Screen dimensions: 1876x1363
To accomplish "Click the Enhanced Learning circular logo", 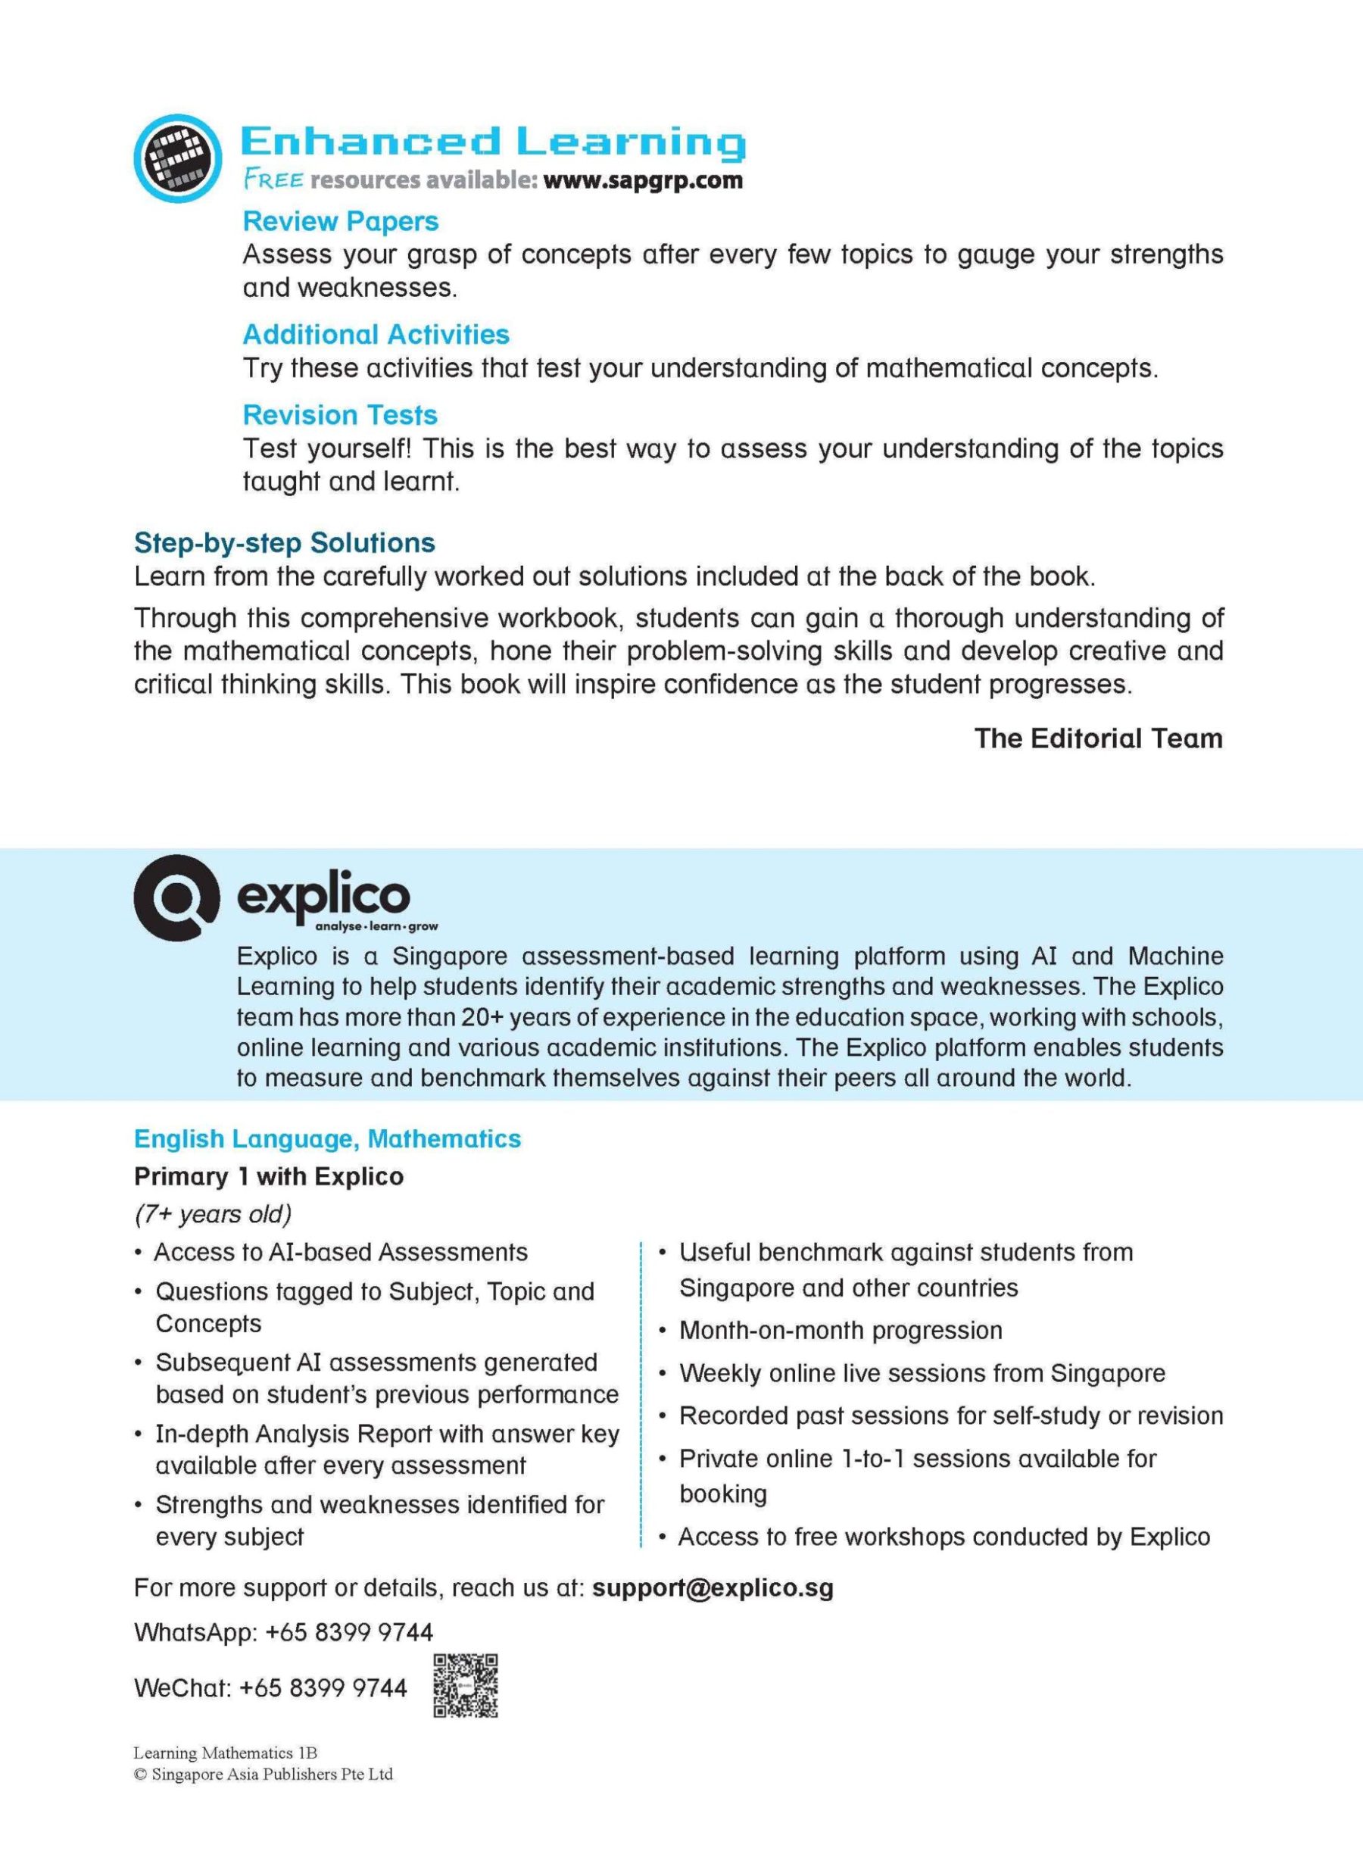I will (x=178, y=158).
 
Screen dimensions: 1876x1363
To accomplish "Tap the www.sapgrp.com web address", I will (x=643, y=180).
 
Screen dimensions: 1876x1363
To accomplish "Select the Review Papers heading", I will (x=340, y=222).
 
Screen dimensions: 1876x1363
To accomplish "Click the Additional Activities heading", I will (x=376, y=334).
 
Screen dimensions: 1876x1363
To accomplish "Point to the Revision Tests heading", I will (x=340, y=414).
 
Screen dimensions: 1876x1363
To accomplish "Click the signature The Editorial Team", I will (x=1097, y=738).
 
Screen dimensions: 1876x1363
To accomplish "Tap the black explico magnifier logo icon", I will (x=177, y=897).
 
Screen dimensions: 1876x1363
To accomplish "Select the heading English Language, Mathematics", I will (x=328, y=1139).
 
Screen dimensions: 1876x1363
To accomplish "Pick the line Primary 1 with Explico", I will (x=269, y=1176).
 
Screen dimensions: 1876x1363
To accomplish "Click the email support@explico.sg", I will (x=713, y=1588).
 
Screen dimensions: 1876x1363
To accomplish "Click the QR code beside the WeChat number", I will (x=466, y=1686).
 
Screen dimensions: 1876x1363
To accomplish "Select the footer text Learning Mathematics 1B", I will (x=225, y=1753).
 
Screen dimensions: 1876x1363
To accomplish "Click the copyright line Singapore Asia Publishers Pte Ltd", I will (x=264, y=1775).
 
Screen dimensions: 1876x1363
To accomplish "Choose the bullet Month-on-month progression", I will (x=841, y=1330).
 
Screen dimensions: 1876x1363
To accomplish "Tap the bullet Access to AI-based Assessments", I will (x=340, y=1253).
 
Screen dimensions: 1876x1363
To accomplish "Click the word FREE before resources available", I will (x=273, y=179).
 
